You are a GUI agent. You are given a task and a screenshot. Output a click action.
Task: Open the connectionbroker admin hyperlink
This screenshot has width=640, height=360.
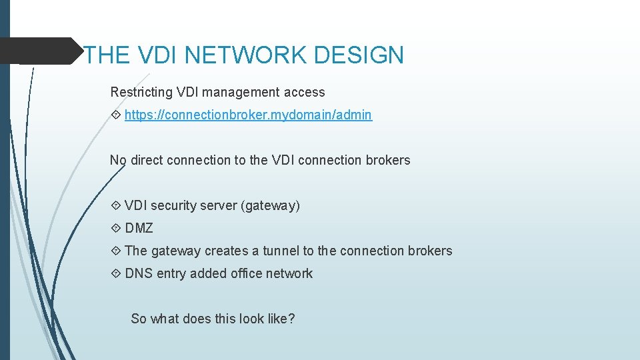pos(248,115)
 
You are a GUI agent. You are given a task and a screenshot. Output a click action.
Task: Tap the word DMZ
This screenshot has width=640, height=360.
pos(139,228)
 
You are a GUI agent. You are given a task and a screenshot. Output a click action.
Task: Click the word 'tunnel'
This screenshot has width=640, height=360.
pos(281,251)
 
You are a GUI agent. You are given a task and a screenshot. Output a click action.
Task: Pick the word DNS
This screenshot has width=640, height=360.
pos(138,273)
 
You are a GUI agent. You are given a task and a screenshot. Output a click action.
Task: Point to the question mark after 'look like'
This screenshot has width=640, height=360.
pos(291,319)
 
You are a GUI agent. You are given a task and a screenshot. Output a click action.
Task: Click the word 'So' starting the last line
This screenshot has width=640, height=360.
pos(139,319)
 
